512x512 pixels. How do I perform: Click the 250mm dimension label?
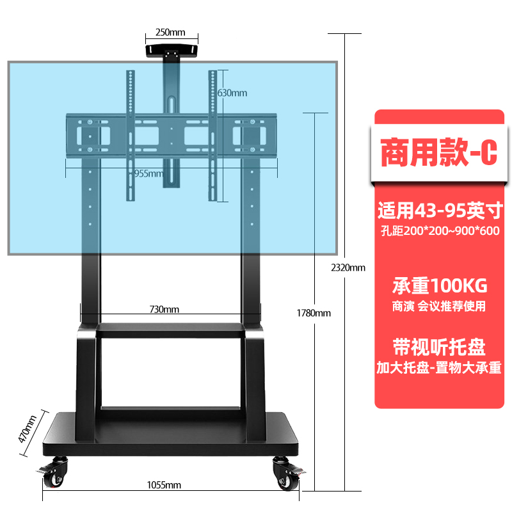tap(171, 33)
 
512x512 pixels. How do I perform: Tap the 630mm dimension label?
tap(232, 93)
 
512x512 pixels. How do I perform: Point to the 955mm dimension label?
tap(148, 174)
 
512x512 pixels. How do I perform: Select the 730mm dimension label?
tap(164, 309)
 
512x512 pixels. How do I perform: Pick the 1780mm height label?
tap(314, 313)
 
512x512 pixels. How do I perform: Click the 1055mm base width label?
tap(164, 485)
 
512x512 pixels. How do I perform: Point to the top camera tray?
tap(170, 50)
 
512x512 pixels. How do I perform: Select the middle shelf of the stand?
tap(170, 330)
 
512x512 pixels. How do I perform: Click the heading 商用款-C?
tap(438, 154)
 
